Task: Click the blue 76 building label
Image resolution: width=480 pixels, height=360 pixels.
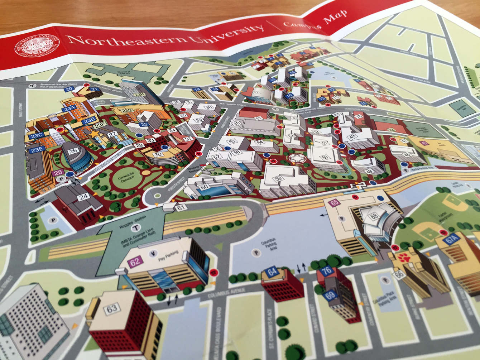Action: click(327, 271)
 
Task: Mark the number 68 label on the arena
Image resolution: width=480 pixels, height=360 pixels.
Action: click(374, 216)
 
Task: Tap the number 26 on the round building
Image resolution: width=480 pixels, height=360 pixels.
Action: click(73, 151)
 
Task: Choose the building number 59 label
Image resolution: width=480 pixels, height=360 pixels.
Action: click(278, 178)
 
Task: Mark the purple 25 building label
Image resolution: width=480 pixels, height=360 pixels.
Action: click(59, 173)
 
